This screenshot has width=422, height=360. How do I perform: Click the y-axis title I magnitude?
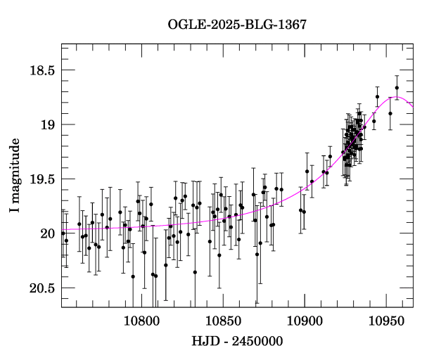pyautogui.click(x=15, y=176)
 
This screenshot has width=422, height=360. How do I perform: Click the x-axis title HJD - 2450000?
pyautogui.click(x=236, y=342)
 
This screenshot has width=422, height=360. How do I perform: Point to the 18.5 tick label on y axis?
pyautogui.click(x=40, y=70)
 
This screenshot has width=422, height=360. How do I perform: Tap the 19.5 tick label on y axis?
pyautogui.click(x=40, y=179)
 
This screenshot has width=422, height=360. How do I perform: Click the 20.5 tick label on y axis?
pyautogui.click(x=40, y=288)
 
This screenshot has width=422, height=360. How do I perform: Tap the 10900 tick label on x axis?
pyautogui.click(x=305, y=321)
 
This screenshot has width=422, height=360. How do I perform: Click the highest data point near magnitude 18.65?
pyautogui.click(x=397, y=88)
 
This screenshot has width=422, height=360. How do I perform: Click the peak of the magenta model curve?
pyautogui.click(x=396, y=97)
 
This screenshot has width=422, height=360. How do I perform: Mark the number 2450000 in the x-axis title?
pyautogui.click(x=257, y=342)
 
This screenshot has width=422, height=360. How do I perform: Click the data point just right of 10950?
pyautogui.click(x=390, y=113)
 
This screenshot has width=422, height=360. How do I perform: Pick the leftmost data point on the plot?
pyautogui.click(x=63, y=233)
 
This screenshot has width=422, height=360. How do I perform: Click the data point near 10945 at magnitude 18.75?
pyautogui.click(x=378, y=96)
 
